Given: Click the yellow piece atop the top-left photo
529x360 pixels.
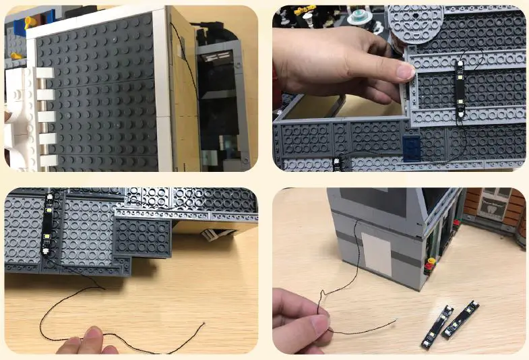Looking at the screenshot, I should [x=30, y=23].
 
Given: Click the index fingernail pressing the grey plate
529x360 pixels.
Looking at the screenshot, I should [x=404, y=71].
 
